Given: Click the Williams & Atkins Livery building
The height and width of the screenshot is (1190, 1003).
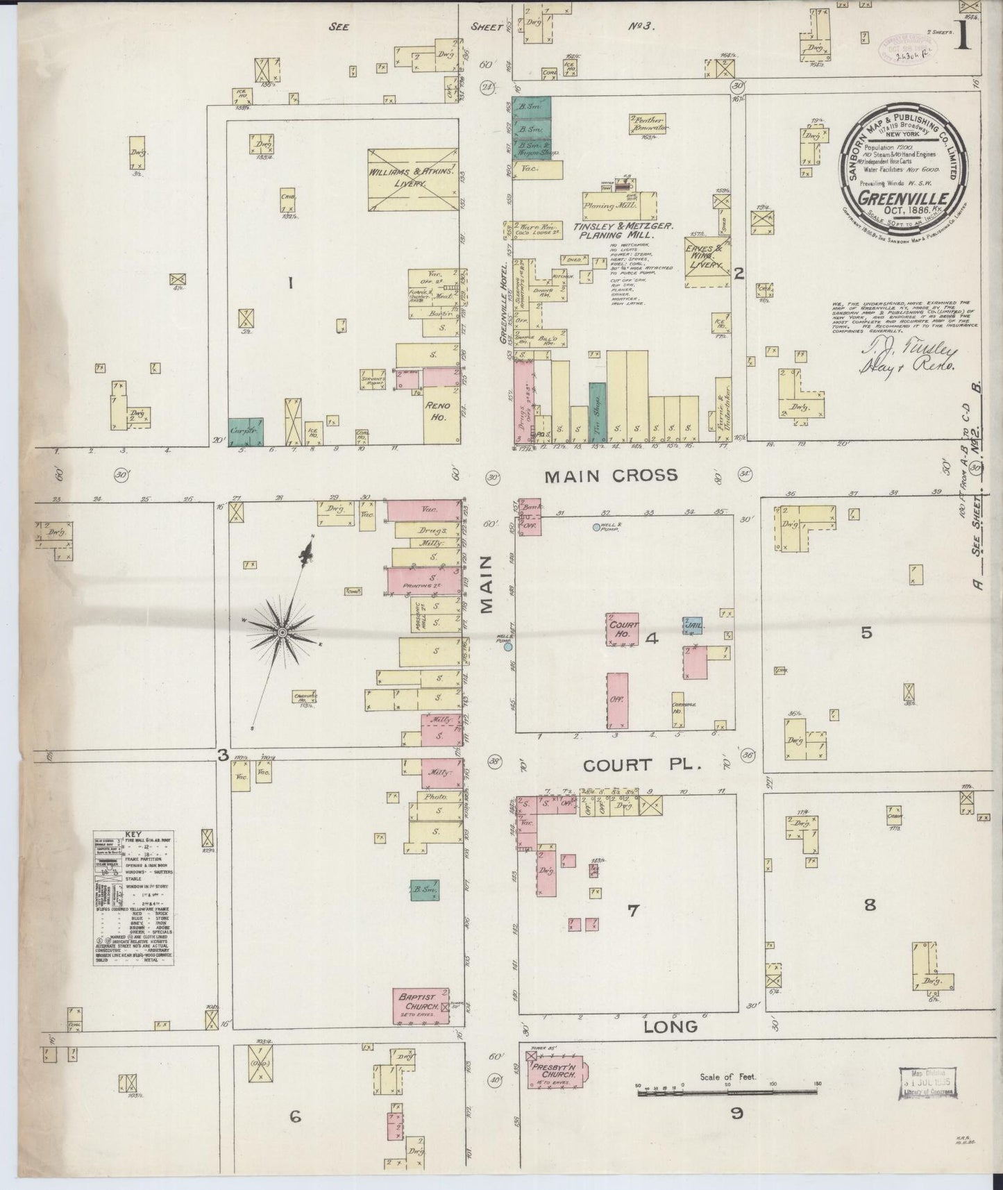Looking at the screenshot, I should (x=412, y=178).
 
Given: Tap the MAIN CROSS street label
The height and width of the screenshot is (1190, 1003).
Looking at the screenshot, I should (x=611, y=476).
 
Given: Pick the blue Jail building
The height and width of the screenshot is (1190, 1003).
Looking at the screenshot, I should (x=693, y=625).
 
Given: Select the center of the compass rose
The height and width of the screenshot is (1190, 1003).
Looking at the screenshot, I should (x=283, y=633).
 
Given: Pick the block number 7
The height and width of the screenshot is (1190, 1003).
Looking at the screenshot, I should (x=632, y=911).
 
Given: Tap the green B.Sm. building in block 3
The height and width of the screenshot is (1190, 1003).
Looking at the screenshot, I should (x=419, y=891).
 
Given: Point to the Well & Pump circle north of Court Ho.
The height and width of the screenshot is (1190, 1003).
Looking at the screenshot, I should (x=596, y=527).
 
